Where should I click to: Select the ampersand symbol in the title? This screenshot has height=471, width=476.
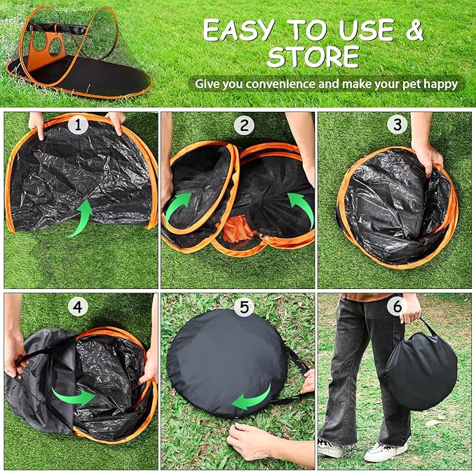point(415,30)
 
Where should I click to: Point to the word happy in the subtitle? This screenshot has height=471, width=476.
point(440,84)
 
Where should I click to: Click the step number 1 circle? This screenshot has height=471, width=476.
point(81,126)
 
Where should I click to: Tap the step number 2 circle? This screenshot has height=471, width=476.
point(244,126)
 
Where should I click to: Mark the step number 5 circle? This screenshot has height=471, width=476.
point(243,307)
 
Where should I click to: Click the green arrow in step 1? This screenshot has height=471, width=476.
point(83,216)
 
